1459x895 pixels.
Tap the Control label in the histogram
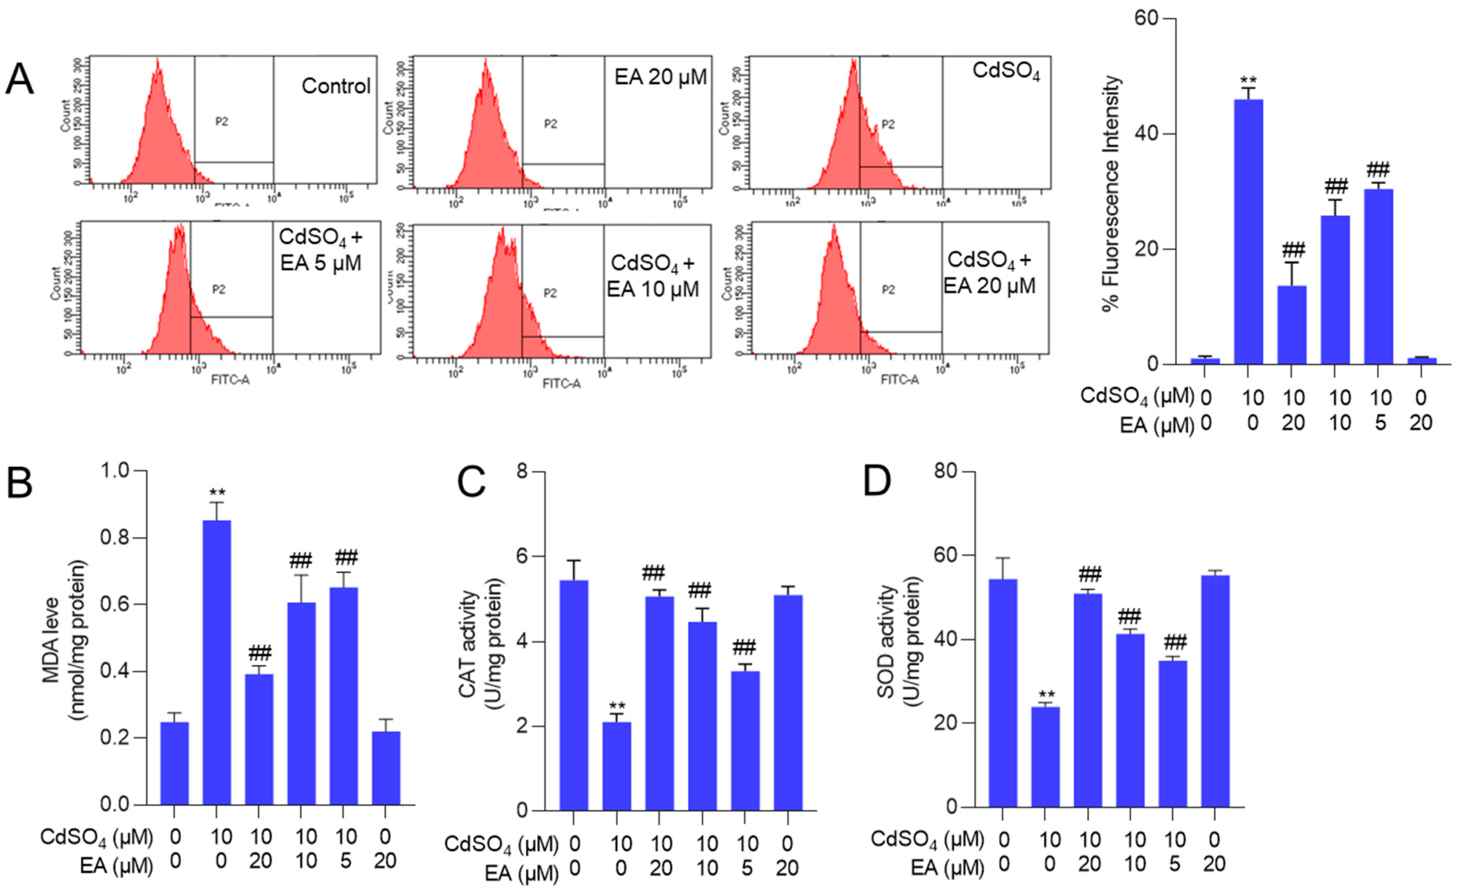pos(335,86)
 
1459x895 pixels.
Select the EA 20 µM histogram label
pos(660,77)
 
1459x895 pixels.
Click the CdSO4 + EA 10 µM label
pos(653,276)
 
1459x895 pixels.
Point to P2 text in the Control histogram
pos(222,121)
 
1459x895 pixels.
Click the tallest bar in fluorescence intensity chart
pos(1248,231)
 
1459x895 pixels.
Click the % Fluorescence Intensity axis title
pos(1112,193)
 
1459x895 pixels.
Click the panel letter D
pos(877,482)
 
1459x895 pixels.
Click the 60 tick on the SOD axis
pos(947,556)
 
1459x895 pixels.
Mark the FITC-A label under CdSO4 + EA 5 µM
pos(231,380)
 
